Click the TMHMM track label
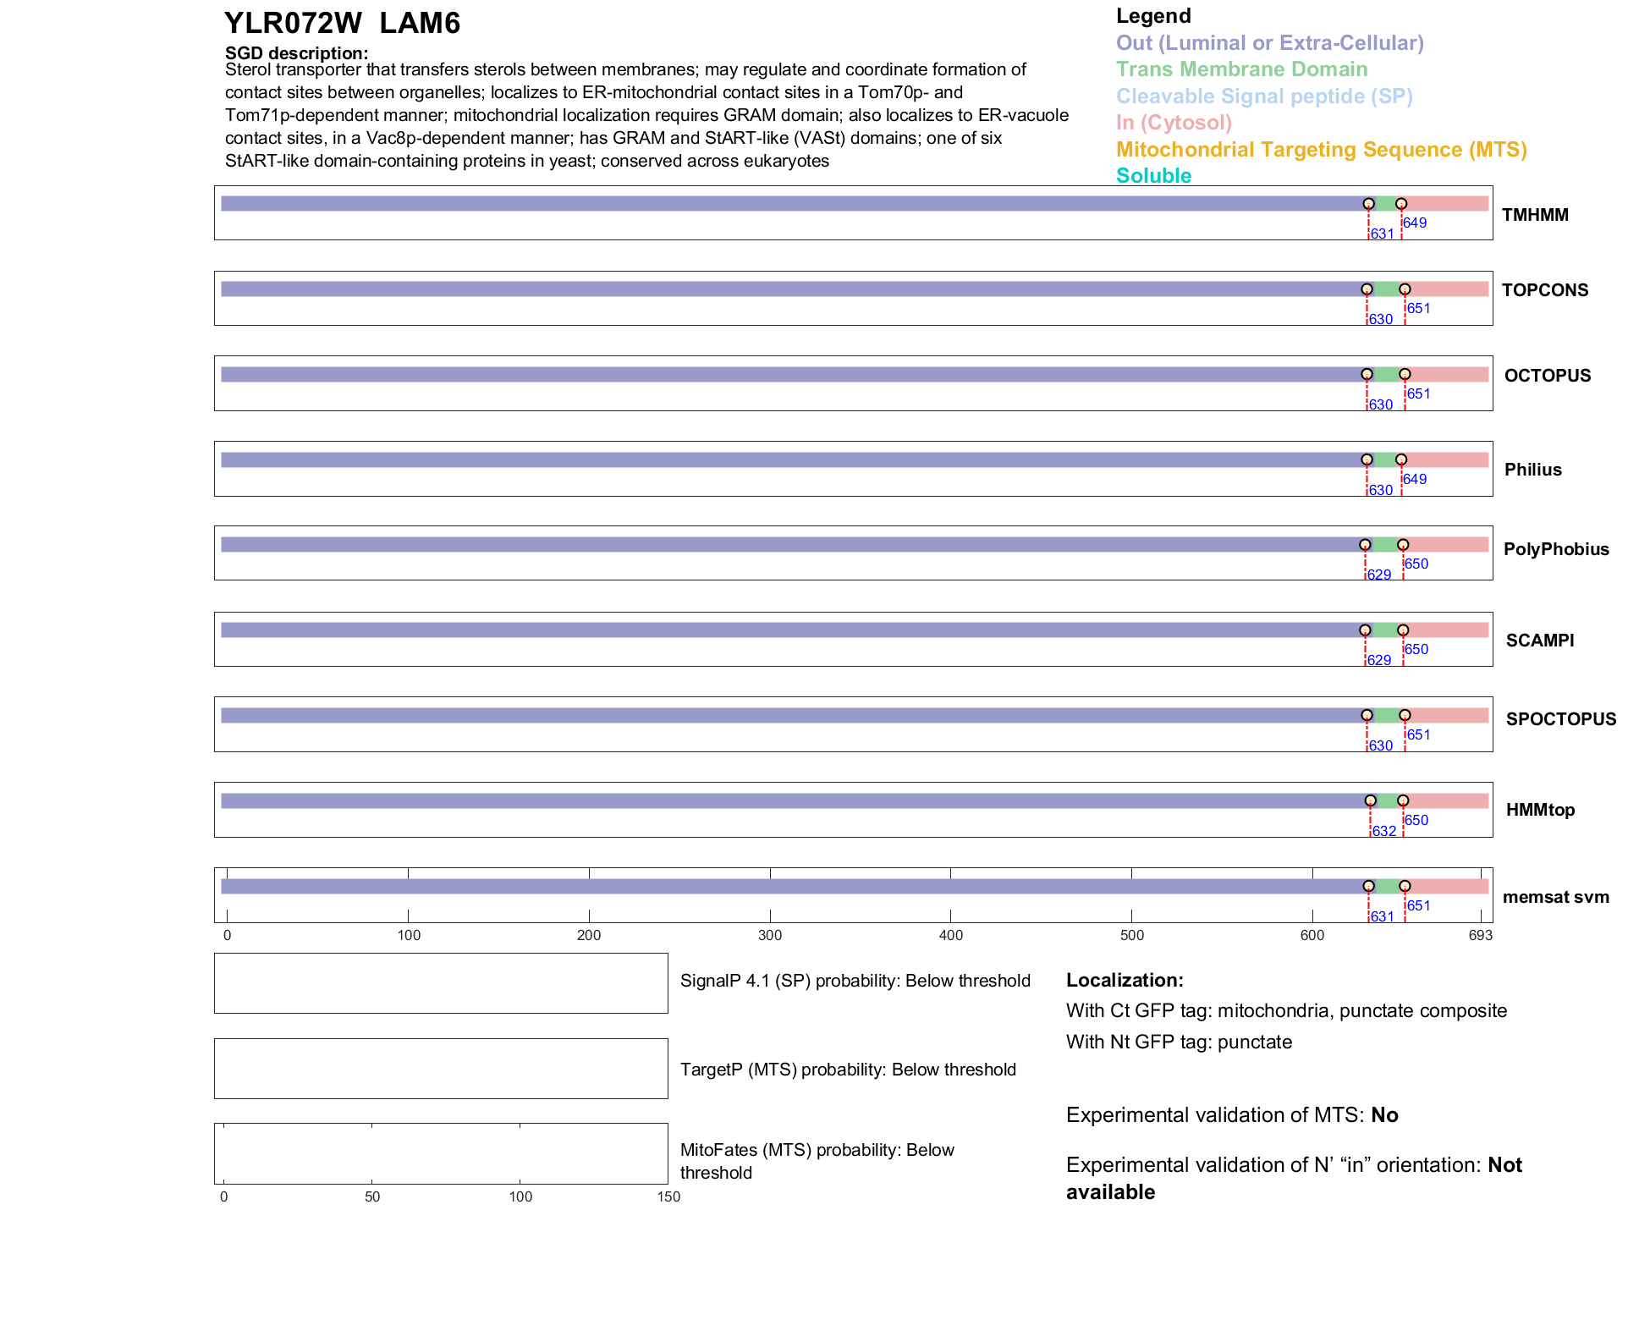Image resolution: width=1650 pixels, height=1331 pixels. coord(1534,215)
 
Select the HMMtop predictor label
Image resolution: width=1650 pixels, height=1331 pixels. coord(1540,810)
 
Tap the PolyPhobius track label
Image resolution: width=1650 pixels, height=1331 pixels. coord(1555,549)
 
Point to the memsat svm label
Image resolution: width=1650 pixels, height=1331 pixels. coord(1555,897)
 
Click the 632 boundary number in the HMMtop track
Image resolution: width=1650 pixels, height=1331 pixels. coord(1384,831)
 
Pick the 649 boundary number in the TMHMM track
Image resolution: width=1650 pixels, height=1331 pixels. coord(1415,223)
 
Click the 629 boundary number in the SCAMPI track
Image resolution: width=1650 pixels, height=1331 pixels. coord(1379,660)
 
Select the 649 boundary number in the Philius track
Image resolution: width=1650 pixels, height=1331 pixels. coord(1415,479)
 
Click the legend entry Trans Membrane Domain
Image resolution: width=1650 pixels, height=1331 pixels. coord(1241,69)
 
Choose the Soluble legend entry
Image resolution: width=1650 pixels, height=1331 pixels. coord(1153,176)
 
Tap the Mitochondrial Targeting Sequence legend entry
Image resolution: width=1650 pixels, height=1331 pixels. coord(1321,150)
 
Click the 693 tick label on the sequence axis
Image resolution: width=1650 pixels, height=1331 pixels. coord(1481,935)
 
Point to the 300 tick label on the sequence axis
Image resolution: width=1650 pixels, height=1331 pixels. coord(770,935)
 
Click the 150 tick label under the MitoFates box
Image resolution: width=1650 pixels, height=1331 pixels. coord(668,1196)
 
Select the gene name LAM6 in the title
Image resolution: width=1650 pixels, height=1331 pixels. coord(420,24)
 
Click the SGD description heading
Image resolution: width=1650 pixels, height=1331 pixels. coord(296,53)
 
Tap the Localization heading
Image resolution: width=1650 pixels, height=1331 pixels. coord(1125,981)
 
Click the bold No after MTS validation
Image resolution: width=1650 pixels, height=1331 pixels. coord(1384,1115)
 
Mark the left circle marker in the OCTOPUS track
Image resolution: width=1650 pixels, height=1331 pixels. coord(1367,374)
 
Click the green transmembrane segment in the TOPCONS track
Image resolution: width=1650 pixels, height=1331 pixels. coord(1386,289)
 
